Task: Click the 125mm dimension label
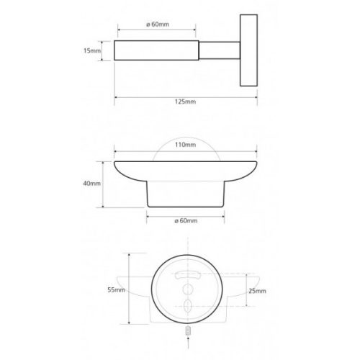tap(185, 102)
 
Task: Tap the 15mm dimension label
tap(92, 50)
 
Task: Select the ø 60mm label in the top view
tap(158, 24)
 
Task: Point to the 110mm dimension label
tap(185, 145)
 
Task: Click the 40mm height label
tap(91, 184)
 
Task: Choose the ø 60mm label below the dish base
tap(186, 220)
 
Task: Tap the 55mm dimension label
tap(116, 290)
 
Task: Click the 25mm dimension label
tap(257, 291)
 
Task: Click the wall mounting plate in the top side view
tap(248, 50)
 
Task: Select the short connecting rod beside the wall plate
tap(220, 50)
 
